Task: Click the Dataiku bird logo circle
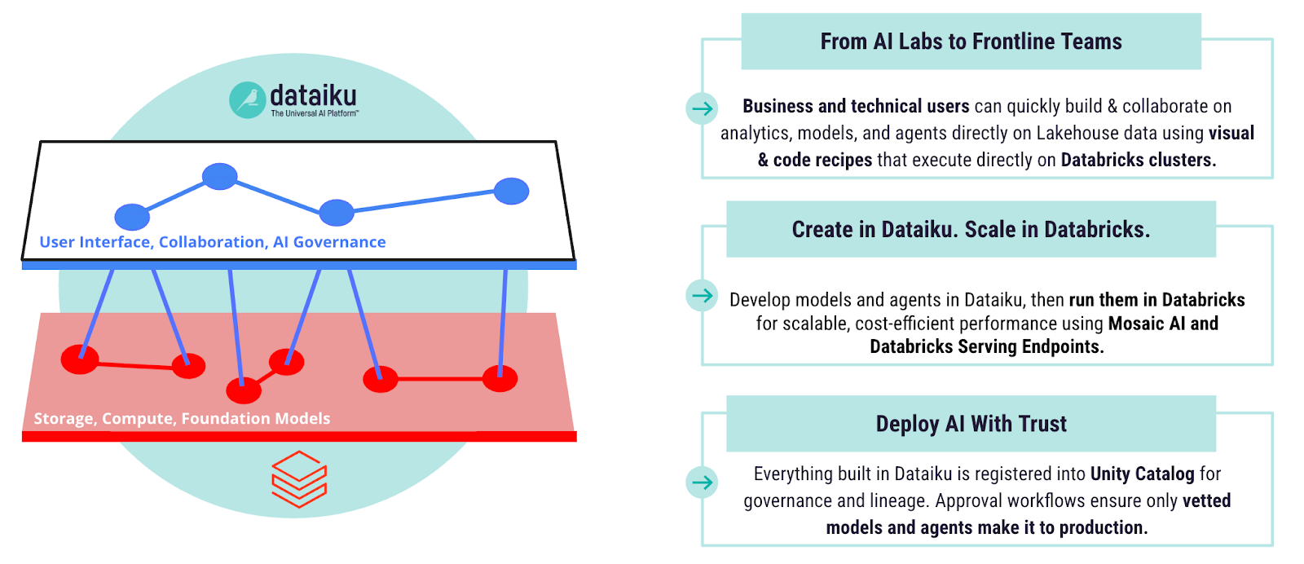[247, 100]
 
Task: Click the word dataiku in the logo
[313, 95]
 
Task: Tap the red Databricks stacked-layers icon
[299, 479]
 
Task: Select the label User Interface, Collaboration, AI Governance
[213, 242]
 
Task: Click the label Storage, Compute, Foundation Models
[182, 419]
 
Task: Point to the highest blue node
[220, 176]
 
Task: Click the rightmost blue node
[512, 191]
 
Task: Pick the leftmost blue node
[132, 217]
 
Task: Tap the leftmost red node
[80, 359]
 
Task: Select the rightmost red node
[500, 378]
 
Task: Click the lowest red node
[244, 390]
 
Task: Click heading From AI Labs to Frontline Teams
[971, 42]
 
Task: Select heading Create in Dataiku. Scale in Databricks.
[971, 230]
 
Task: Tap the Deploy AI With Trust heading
[971, 424]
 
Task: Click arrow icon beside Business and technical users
[702, 108]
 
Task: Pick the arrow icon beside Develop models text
[702, 295]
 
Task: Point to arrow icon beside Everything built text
[702, 482]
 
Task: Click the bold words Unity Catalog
[1142, 474]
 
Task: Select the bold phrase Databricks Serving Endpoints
[986, 347]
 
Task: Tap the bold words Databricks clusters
[1138, 161]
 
